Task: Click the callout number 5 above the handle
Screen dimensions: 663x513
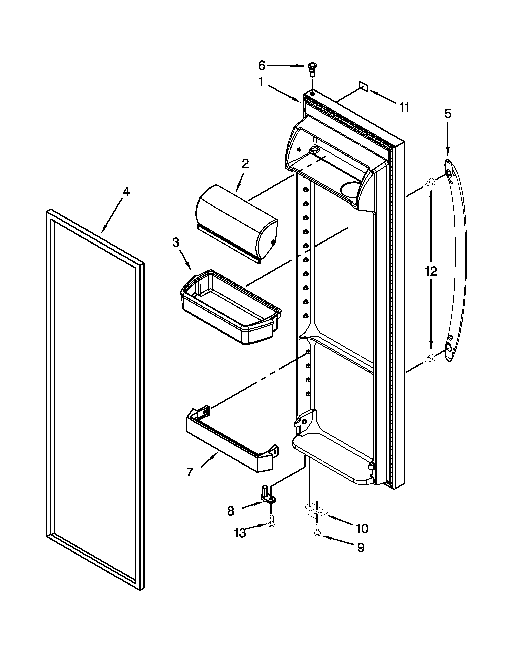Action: (x=448, y=114)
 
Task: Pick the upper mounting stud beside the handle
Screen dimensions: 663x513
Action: (x=430, y=182)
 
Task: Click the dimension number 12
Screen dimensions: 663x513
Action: (x=431, y=271)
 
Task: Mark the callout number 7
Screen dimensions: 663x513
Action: (x=190, y=472)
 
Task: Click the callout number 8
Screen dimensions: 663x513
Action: (x=231, y=511)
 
